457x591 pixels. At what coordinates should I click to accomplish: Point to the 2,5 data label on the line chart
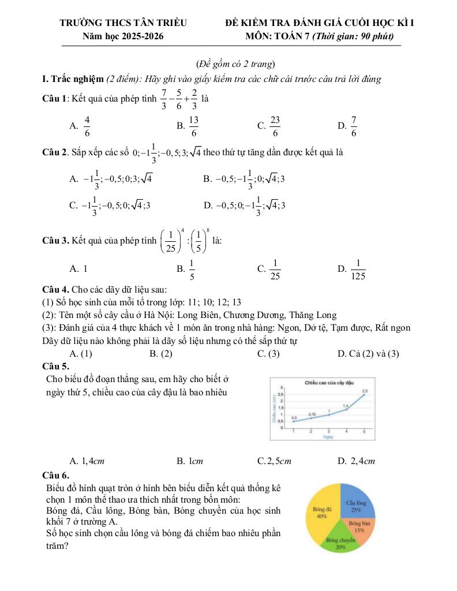(364, 391)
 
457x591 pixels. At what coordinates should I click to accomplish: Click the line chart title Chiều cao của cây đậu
(328, 383)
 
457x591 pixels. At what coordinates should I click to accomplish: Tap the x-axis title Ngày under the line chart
(328, 437)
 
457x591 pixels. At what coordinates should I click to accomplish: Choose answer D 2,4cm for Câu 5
(357, 461)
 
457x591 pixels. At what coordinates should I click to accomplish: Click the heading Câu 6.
(56, 476)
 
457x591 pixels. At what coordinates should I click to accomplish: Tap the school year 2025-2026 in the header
(144, 36)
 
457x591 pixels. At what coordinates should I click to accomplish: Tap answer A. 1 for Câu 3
(78, 268)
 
